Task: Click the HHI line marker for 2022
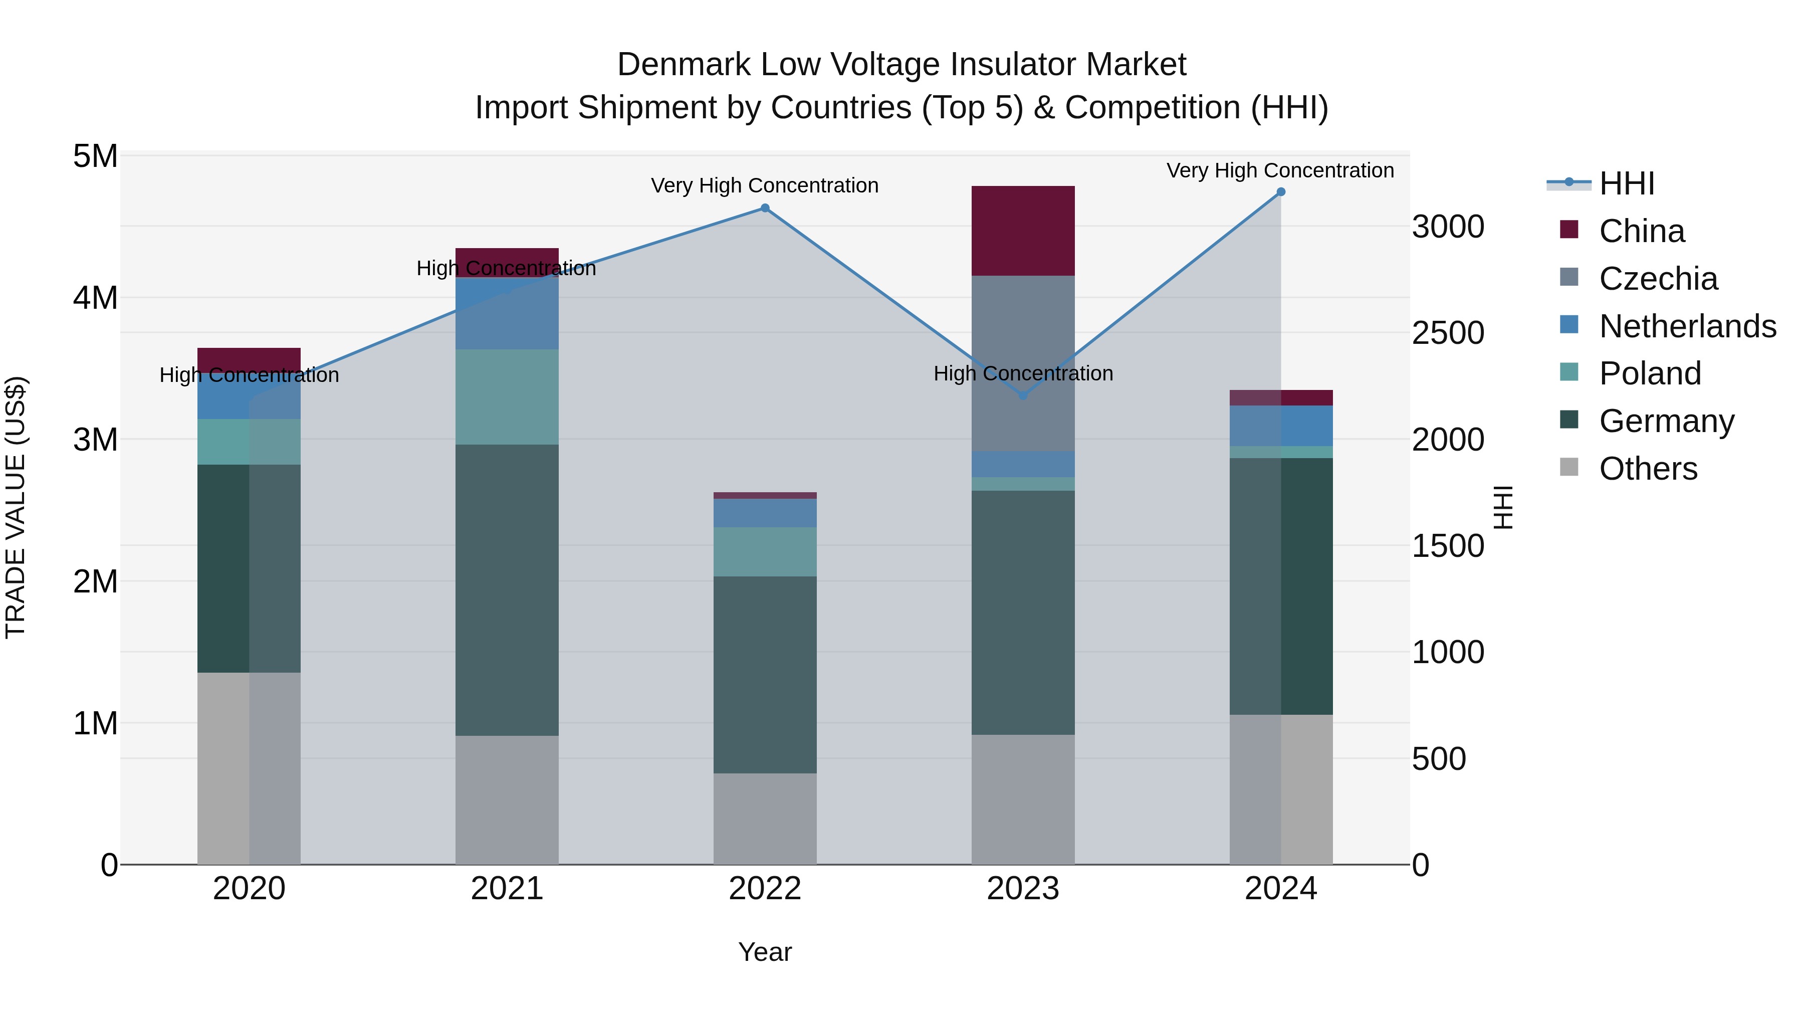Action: click(765, 208)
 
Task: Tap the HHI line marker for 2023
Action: click(1022, 395)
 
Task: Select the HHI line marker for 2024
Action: click(1281, 192)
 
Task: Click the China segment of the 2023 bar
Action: click(1022, 231)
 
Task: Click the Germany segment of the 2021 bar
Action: click(507, 590)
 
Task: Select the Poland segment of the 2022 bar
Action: click(765, 552)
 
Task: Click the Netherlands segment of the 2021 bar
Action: click(507, 313)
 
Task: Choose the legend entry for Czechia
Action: click(1658, 279)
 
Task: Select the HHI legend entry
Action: click(1626, 183)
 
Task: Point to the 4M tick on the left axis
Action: click(95, 298)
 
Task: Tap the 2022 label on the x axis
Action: click(765, 889)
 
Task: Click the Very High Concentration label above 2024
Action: click(1280, 170)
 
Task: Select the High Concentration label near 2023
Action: click(1022, 373)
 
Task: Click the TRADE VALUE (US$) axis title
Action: click(16, 507)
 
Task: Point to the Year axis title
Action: click(765, 952)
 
